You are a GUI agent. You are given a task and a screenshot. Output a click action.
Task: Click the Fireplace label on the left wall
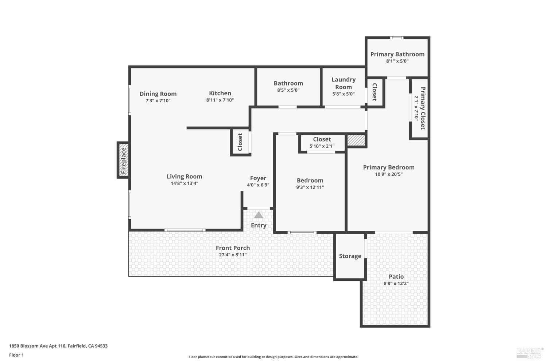[x=124, y=161]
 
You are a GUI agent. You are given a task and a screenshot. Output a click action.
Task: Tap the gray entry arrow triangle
[x=259, y=215]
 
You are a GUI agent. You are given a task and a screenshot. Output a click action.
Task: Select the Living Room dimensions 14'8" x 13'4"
[x=185, y=183]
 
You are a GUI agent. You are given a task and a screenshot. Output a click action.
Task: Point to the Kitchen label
[x=220, y=93]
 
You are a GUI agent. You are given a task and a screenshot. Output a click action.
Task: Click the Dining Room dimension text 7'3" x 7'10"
[x=158, y=101]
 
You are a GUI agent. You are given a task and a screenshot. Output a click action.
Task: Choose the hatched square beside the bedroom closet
[x=356, y=141]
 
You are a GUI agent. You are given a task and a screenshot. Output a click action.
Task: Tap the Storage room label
[x=350, y=256]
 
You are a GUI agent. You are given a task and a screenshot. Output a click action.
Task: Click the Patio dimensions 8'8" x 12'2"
[x=396, y=283]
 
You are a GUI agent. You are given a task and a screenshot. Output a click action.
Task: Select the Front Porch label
[x=233, y=248]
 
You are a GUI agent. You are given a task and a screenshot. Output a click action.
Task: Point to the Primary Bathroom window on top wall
[x=397, y=38]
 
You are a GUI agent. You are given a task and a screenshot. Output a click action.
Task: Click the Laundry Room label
[x=344, y=83]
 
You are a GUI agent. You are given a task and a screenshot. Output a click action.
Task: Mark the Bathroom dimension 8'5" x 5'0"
[x=288, y=90]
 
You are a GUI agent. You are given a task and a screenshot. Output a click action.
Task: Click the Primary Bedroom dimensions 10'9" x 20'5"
[x=389, y=174]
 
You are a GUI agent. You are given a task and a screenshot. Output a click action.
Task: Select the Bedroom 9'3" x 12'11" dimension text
[x=310, y=187]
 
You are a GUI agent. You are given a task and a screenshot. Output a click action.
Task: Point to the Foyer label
[x=258, y=178]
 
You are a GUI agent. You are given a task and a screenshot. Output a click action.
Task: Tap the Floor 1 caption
[x=16, y=355]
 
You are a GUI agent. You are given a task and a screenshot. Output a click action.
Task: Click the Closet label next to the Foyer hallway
[x=240, y=142]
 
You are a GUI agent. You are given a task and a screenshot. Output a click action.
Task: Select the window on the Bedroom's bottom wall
[x=302, y=232]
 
